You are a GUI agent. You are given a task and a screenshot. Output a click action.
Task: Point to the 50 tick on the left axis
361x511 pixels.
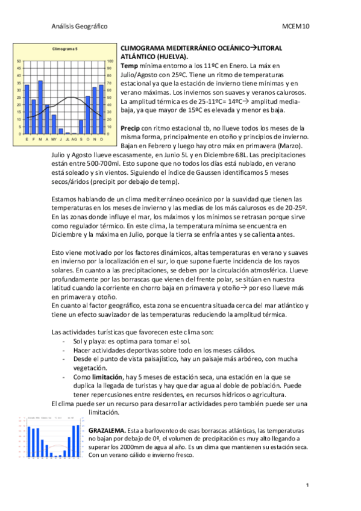[19, 61]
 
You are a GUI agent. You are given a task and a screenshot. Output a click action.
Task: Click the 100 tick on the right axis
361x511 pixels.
[109, 61]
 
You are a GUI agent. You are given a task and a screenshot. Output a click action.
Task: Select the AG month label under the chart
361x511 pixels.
[74, 139]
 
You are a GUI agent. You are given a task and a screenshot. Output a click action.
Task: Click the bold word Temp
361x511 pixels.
[130, 64]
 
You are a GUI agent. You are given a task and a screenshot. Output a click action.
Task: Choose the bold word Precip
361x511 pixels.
[131, 128]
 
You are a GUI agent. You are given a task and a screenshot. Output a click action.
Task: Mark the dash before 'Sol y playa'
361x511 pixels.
[64, 341]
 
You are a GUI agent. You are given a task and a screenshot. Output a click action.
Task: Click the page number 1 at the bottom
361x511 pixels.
[307, 485]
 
